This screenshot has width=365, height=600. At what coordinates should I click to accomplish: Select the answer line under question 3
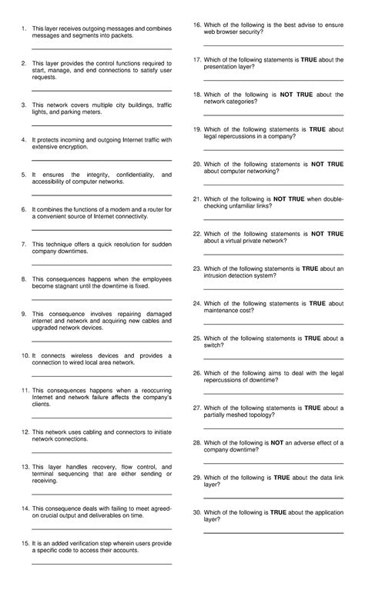101,125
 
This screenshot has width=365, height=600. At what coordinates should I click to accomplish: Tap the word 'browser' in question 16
232,32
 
